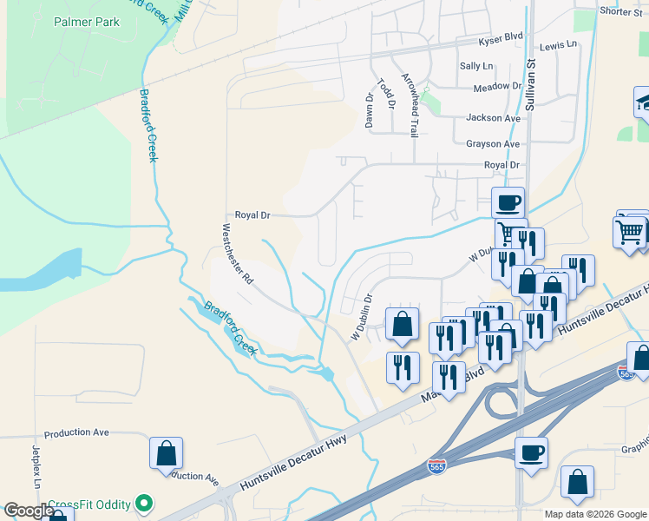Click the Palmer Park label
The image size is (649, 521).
click(x=86, y=21)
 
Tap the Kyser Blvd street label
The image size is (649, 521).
click(x=501, y=39)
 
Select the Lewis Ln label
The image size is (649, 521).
click(x=558, y=45)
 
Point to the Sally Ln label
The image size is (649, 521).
click(x=475, y=66)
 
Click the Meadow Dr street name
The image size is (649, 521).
click(x=496, y=88)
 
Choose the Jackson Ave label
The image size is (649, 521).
click(x=493, y=117)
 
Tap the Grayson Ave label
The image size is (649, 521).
click(x=493, y=143)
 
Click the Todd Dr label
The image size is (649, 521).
click(x=386, y=94)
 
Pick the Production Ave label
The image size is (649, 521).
click(x=76, y=432)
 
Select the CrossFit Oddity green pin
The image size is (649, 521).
click(x=146, y=504)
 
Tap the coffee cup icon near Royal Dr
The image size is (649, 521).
click(x=508, y=203)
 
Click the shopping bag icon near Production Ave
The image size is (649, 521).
click(x=166, y=453)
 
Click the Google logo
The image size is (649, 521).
click(x=28, y=511)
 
